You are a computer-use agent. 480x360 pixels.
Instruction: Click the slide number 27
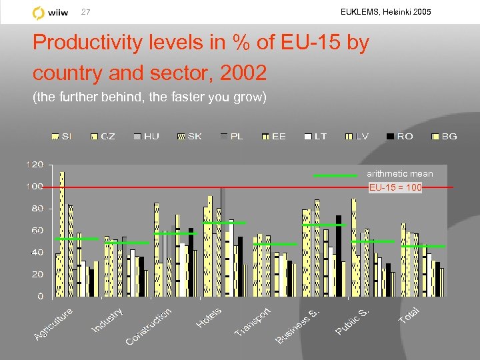(x=85, y=12)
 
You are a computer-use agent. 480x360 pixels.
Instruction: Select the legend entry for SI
(x=63, y=136)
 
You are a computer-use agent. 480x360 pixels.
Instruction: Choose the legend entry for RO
(x=399, y=136)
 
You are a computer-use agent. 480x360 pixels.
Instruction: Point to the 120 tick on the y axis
(x=35, y=164)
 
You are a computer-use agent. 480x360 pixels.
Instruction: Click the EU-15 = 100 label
(x=395, y=187)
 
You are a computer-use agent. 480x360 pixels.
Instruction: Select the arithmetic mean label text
(x=400, y=174)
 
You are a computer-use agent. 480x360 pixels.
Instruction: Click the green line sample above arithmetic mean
(x=335, y=175)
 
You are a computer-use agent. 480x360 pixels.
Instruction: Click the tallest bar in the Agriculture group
(x=62, y=233)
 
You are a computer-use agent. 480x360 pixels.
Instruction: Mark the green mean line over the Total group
(x=423, y=247)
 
